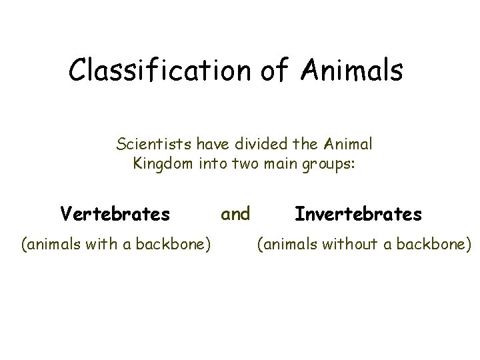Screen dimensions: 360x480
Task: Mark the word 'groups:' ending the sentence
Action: (331, 163)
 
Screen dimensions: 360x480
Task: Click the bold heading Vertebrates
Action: (115, 214)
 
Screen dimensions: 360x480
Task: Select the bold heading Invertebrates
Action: (358, 214)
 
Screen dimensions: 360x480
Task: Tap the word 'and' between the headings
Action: (235, 213)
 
